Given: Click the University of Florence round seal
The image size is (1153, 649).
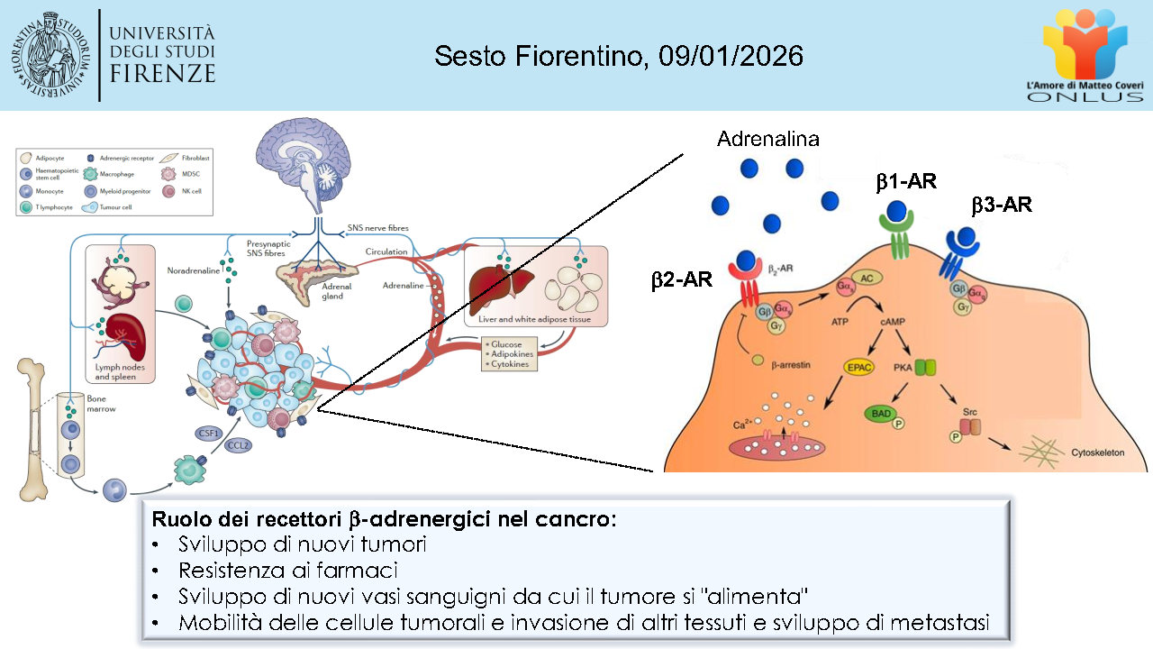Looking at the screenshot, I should coord(52,54).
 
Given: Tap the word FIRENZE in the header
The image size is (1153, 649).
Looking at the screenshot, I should coord(162,73).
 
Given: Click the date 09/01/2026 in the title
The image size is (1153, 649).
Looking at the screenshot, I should coord(731,56).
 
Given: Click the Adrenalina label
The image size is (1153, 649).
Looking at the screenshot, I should coord(767,139).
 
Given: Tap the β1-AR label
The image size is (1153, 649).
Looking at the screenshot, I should coord(906,182).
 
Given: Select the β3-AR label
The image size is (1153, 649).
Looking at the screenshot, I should coord(1001,206).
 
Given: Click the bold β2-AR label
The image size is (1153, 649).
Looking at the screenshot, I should coord(682,280).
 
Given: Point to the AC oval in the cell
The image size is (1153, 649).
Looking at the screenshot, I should coord(866,280).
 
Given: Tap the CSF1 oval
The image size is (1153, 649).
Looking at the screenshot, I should coord(207,434).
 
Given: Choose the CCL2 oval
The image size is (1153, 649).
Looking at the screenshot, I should coord(238,445).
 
